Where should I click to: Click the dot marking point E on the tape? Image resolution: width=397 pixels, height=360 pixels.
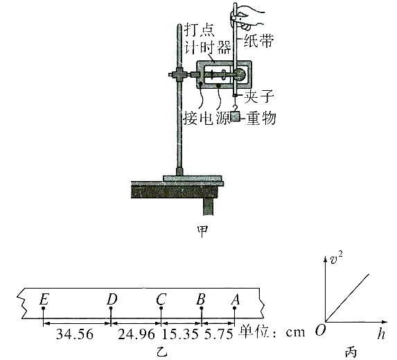click(x=43, y=308)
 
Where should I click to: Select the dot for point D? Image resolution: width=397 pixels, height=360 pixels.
click(x=111, y=308)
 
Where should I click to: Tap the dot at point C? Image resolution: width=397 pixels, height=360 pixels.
click(x=161, y=308)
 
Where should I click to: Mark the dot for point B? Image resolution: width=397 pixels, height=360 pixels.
click(x=202, y=308)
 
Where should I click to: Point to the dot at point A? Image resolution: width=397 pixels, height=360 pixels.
click(x=234, y=308)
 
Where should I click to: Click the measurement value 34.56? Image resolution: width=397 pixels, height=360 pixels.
click(x=75, y=334)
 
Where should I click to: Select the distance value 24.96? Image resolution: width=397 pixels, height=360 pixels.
click(x=136, y=334)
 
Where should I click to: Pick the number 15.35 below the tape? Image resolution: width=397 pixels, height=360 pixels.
click(x=180, y=334)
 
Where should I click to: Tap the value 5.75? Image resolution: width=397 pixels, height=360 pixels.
click(x=218, y=334)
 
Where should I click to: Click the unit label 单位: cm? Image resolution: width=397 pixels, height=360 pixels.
click(x=272, y=332)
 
